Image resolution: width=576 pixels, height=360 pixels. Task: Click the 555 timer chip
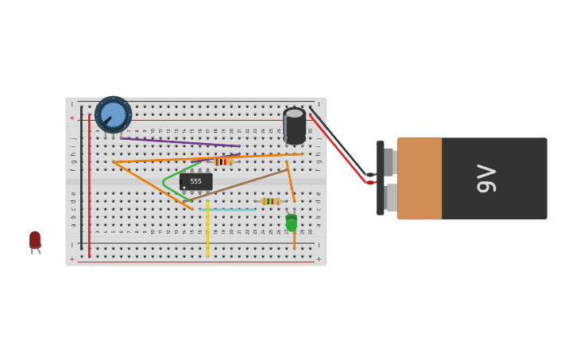click(195, 181)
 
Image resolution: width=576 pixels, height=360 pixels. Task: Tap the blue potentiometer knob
click(113, 114)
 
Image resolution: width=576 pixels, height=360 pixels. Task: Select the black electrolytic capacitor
click(294, 126)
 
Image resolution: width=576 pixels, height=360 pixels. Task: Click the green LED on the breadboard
click(292, 223)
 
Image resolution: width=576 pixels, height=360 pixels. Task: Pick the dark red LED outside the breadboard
click(35, 240)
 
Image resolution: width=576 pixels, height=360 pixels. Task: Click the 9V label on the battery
click(485, 178)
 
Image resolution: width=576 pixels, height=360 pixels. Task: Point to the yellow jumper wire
click(207, 230)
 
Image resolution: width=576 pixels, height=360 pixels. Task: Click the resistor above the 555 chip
click(223, 161)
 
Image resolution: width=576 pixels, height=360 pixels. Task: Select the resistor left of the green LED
click(270, 201)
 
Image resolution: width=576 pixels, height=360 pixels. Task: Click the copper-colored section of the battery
click(419, 178)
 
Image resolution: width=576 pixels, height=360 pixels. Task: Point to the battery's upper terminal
click(389, 161)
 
